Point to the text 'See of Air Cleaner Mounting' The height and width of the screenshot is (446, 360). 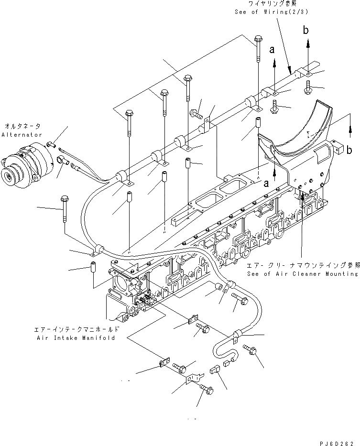click(x=303, y=274)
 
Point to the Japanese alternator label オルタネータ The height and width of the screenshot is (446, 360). click(x=22, y=126)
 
